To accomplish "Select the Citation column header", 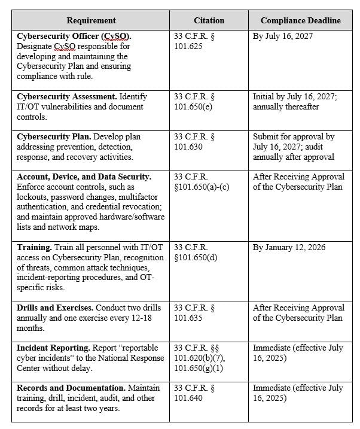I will coord(209,20).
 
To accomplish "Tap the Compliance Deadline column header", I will coord(300,20).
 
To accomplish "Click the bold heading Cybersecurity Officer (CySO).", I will coord(74,36).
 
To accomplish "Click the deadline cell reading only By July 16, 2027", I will coord(282,36).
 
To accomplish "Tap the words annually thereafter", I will coord(286,107).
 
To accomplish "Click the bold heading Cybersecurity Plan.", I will coord(54,136).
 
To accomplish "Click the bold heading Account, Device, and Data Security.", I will coord(84,177).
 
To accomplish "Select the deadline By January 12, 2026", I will coord(289,247).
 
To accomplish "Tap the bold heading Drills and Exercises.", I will coord(57,308).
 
